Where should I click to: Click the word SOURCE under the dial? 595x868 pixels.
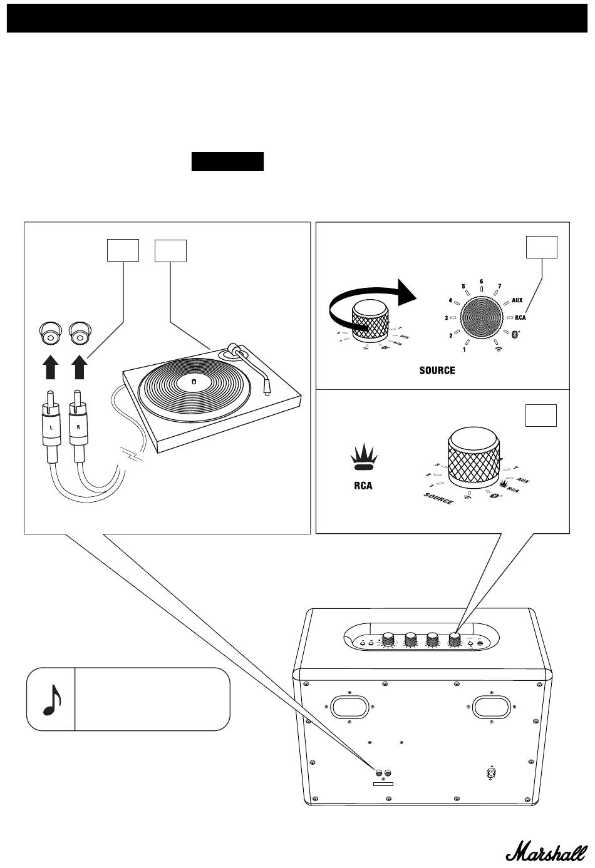pos(437,370)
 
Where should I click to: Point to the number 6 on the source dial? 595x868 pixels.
pos(481,282)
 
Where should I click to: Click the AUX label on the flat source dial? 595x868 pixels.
pos(517,300)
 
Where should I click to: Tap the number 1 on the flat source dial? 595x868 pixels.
pos(464,349)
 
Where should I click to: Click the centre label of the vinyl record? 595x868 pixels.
pos(193,380)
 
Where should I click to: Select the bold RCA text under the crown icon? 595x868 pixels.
pos(363,485)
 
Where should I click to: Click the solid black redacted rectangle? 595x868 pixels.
pos(227,161)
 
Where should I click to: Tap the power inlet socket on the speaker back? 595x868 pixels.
pos(492,774)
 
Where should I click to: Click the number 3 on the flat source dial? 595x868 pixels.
pos(446,319)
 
